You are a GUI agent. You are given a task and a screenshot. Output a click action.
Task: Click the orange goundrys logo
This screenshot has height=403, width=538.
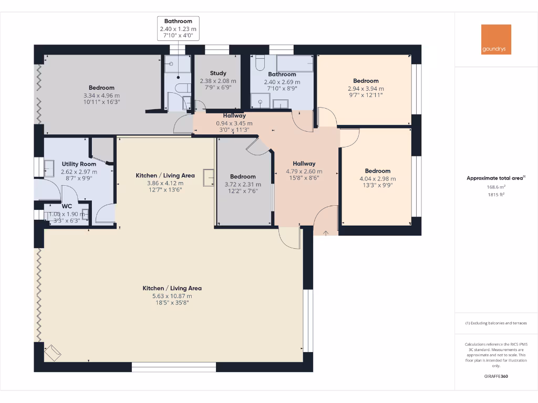pos(496,39)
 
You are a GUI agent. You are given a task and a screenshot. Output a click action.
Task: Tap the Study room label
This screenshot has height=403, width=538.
pos(218,73)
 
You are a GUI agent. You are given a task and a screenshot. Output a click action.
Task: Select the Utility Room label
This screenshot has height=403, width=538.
pos(79,164)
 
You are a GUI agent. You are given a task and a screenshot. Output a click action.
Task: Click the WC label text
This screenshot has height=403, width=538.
pos(67,206)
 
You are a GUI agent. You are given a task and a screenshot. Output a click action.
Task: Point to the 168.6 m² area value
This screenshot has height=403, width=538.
pos(495,187)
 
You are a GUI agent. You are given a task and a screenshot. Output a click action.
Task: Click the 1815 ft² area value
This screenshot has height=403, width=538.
pos(495,194)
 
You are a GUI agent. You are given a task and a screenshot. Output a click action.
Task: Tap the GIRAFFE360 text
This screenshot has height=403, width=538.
pos(495,376)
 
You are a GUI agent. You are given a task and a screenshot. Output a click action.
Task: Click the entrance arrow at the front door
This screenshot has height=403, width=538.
pos(326,232)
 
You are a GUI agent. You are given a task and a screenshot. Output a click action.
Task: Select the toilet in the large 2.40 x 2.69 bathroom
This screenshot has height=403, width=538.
pos(259,64)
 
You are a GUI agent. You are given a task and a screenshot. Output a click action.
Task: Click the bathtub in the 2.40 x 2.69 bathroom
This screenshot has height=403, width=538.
pos(294,63)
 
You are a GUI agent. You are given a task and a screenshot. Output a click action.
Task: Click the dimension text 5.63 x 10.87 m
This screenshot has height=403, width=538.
pos(172,296)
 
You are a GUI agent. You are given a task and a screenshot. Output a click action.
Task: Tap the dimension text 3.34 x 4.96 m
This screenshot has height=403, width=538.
pos(101,96)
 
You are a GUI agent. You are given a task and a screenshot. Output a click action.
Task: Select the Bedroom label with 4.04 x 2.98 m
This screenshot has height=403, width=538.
pos(378,171)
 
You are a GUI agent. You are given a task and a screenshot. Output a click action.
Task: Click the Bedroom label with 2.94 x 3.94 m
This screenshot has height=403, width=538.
pos(366,81)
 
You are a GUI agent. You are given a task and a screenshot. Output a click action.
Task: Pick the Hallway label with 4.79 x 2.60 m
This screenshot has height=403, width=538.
pos(304,164)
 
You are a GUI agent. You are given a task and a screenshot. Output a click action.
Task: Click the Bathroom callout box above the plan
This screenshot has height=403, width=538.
pos(178,29)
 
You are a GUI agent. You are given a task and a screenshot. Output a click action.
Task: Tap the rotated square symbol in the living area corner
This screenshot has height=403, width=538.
pos(53,353)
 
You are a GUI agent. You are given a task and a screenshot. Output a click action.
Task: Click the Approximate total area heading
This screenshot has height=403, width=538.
pos(495,178)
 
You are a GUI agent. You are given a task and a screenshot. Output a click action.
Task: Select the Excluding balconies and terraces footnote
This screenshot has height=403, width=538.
pos(495,323)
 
